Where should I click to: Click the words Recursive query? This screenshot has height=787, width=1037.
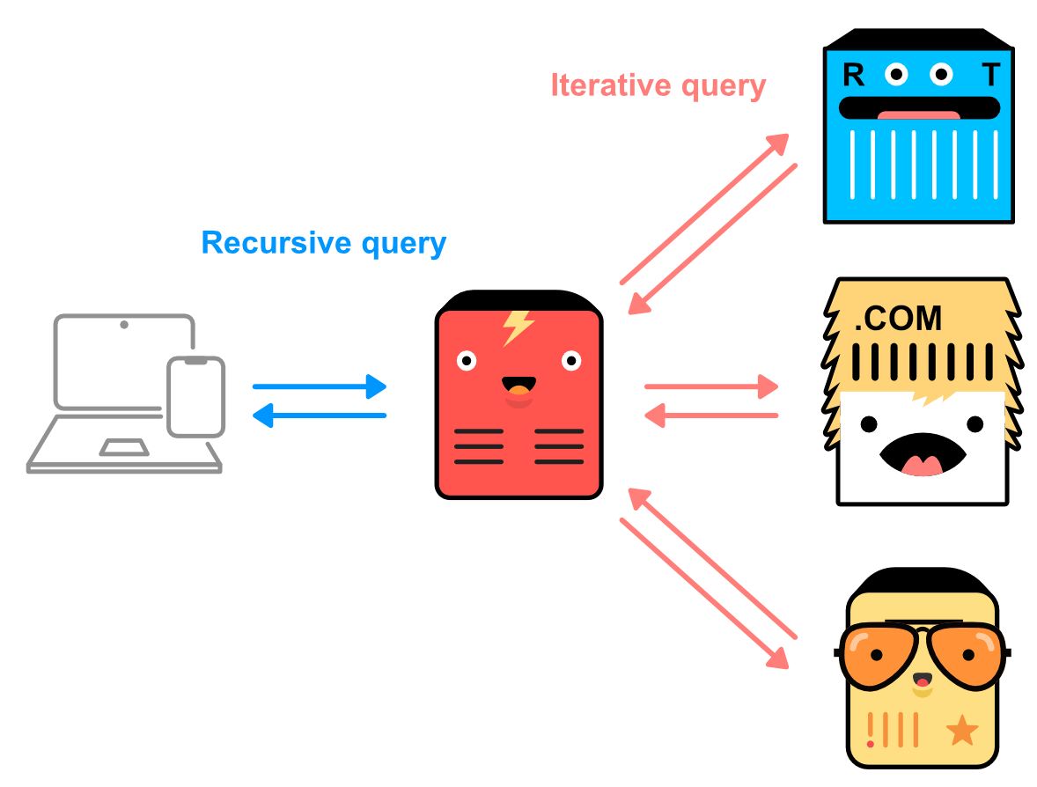(x=323, y=243)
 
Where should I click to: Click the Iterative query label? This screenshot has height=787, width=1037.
(x=658, y=85)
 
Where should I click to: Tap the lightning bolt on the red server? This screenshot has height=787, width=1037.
(x=518, y=327)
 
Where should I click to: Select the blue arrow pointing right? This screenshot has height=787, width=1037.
(x=320, y=386)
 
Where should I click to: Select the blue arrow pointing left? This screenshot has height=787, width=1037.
(x=320, y=415)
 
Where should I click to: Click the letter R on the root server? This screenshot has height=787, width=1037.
(x=853, y=76)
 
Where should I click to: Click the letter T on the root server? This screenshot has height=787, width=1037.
(x=991, y=76)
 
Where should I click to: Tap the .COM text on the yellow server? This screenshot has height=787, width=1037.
(x=898, y=319)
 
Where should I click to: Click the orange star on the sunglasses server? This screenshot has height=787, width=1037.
(x=961, y=730)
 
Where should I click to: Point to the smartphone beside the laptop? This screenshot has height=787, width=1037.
(x=196, y=397)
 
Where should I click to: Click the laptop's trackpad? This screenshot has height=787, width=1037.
(x=123, y=447)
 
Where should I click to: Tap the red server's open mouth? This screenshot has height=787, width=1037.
(x=518, y=386)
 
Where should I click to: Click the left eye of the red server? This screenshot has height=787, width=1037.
(x=467, y=360)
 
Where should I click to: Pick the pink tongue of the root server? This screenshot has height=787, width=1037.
(x=918, y=115)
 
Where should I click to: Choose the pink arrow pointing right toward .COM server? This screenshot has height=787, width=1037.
(x=711, y=386)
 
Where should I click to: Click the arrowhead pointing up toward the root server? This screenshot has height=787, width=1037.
(x=778, y=143)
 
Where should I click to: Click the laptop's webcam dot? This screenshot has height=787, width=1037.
(x=124, y=325)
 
